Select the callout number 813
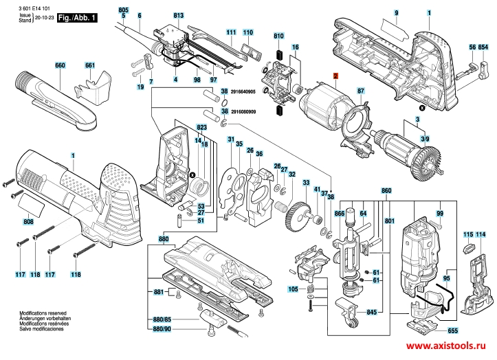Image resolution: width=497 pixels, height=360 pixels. pos(179,15)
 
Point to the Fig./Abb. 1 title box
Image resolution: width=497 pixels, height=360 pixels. pos(76,16)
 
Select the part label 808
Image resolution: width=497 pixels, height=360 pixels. pos(28,222)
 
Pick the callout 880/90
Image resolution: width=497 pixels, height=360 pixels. pos(162,331)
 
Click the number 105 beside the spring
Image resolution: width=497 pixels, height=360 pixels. pos(294,289)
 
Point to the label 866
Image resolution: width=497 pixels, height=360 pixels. pos(340,214)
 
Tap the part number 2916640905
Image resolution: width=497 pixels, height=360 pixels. pos(243,91)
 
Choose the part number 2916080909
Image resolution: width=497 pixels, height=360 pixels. pos(243,111)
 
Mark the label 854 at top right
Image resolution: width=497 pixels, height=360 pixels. pos(483,47)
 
